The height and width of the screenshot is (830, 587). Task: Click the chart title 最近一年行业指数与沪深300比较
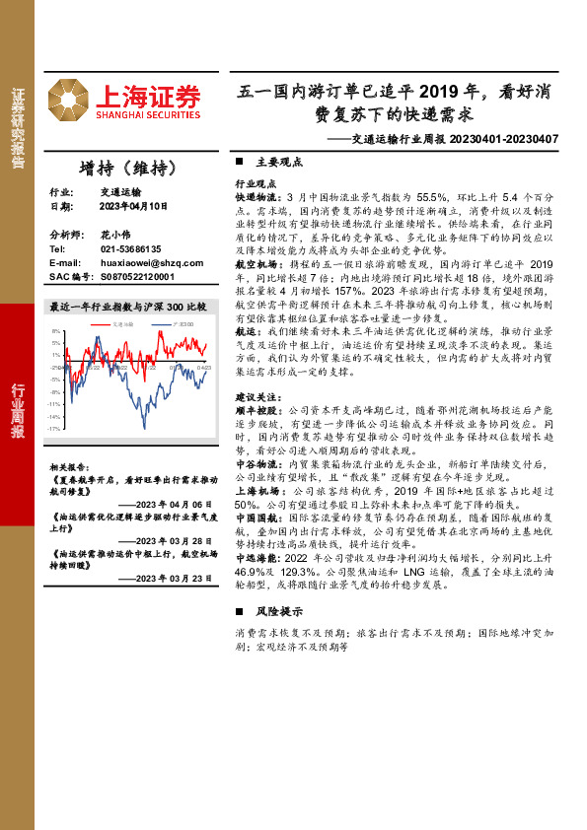(127, 308)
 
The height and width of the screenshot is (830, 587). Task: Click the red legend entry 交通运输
(122, 323)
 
